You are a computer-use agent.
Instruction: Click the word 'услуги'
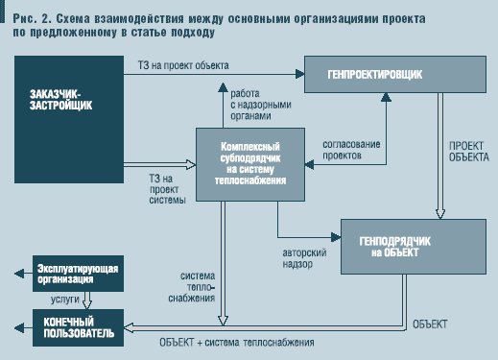coord(53,298)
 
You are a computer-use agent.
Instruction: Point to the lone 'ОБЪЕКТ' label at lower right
coord(431,324)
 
